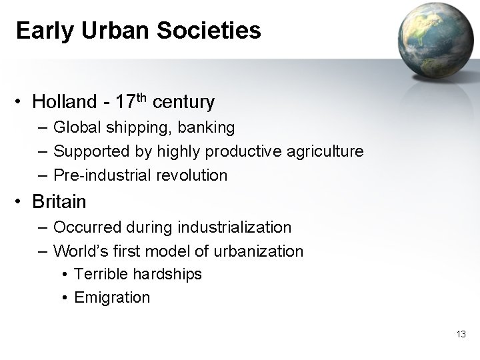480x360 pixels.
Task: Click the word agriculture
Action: (325, 151)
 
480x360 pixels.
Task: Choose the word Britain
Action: (59, 200)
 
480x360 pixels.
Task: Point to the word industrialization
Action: (235, 227)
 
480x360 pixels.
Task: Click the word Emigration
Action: (112, 297)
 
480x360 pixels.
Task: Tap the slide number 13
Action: (461, 334)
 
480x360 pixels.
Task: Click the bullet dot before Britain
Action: (22, 201)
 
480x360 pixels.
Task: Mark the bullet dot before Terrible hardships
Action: (65, 275)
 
